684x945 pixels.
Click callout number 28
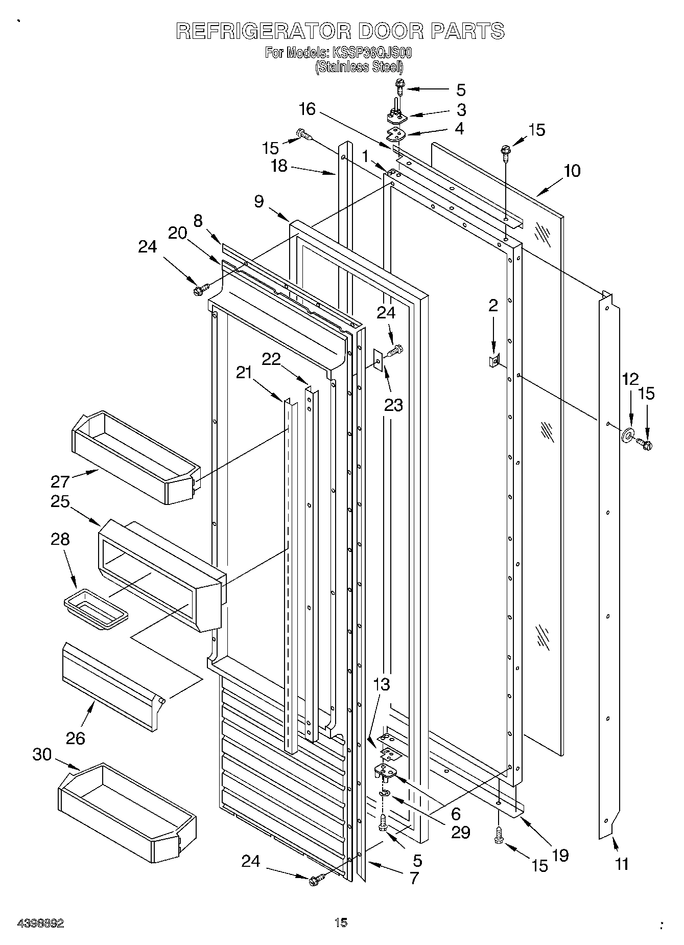pos(60,539)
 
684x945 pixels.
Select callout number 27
pos(60,481)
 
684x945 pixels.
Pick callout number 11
pos(622,864)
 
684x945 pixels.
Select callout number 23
pos(393,405)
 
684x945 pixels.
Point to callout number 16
pos(308,109)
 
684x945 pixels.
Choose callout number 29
pos(460,832)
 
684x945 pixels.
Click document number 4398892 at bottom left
pos(40,923)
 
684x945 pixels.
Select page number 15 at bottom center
pos(341,922)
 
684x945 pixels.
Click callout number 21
pos(244,373)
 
